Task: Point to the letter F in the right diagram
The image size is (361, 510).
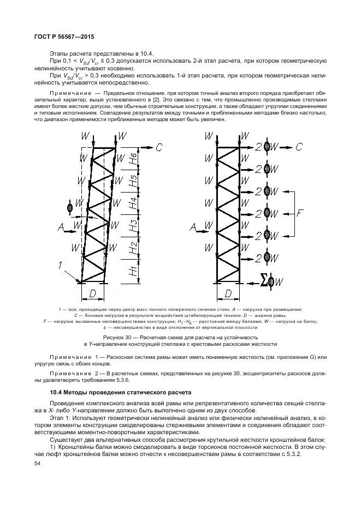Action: [300, 214]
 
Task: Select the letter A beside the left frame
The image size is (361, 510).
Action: [61, 225]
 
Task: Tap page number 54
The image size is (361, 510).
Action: [38, 463]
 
